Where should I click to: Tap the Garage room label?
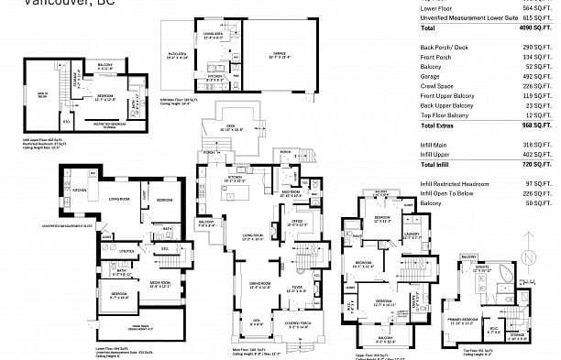point(278,57)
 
